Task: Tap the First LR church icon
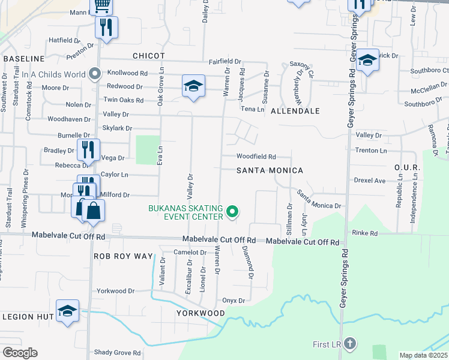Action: (x=351, y=344)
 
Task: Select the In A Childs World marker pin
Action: (x=94, y=74)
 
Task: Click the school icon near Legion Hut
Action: (x=68, y=311)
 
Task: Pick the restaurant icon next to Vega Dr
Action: (x=88, y=149)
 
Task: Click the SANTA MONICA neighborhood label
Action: (x=270, y=170)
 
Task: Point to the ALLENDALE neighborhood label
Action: (x=295, y=111)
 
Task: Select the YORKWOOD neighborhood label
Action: (x=200, y=313)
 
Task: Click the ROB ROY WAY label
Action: (x=124, y=256)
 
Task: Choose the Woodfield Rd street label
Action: (x=256, y=156)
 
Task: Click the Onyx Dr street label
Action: (x=234, y=301)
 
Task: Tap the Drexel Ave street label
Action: (x=369, y=180)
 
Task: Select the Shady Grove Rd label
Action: (x=117, y=353)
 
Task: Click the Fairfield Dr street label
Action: (x=224, y=62)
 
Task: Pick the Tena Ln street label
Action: (x=252, y=109)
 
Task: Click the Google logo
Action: (x=20, y=353)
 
